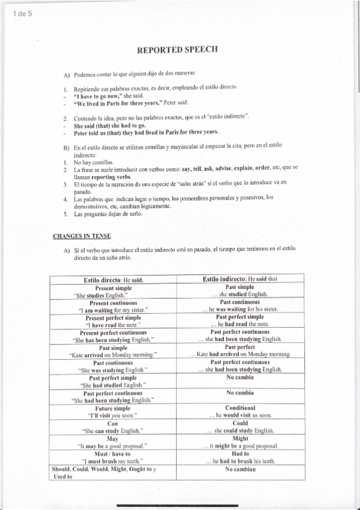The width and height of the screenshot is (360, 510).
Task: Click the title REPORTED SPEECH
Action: pyautogui.click(x=177, y=51)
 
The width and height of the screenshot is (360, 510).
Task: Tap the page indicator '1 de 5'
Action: pyautogui.click(x=22, y=15)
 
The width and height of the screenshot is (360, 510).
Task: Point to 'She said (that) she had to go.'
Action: pyautogui.click(x=109, y=126)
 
